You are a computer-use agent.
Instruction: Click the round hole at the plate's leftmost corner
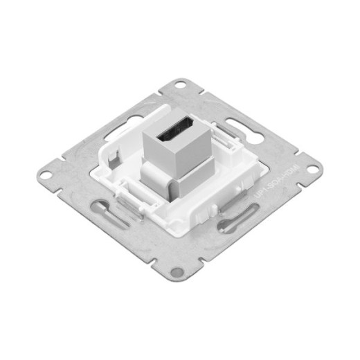pyautogui.click(x=45, y=174)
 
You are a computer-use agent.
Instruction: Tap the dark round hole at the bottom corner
pyautogui.click(x=178, y=272)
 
